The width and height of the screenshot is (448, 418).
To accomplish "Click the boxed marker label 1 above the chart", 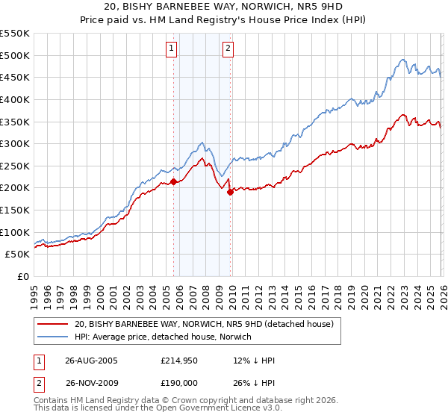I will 172,49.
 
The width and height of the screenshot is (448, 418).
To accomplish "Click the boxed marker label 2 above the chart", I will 228,49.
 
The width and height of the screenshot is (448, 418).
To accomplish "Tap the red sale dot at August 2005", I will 174,181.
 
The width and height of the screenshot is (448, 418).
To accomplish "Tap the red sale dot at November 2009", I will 230,192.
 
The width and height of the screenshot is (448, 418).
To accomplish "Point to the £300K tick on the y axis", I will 15,143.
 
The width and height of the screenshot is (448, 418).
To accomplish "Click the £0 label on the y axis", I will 22,276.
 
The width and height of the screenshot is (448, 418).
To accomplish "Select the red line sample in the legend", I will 53,324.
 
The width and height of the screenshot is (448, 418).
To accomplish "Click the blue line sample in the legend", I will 53,337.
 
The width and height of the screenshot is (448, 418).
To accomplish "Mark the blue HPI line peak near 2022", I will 402,60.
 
